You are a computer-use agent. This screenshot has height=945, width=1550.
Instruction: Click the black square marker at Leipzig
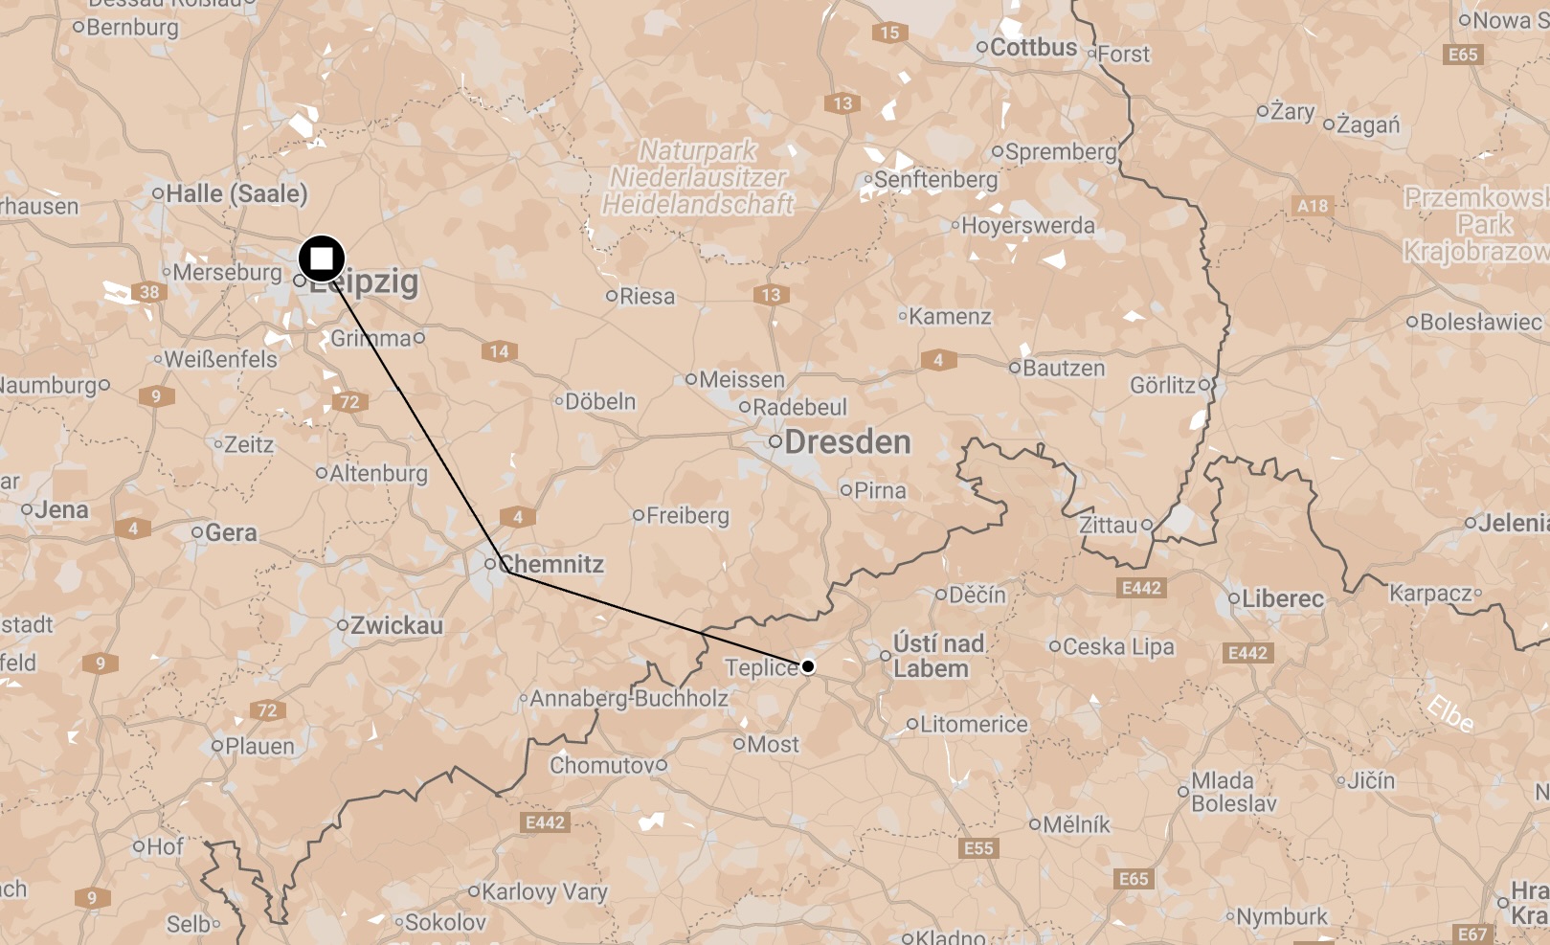point(322,259)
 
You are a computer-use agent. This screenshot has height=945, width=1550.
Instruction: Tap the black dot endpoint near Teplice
point(808,666)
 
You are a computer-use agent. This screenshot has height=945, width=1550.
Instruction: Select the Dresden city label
point(846,442)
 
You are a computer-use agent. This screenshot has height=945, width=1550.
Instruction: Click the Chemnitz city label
point(551,564)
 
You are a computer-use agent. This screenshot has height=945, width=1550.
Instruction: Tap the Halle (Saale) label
point(236,193)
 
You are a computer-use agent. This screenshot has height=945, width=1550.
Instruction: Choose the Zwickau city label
point(396,626)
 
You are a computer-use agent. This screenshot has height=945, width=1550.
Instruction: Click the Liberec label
point(1282,599)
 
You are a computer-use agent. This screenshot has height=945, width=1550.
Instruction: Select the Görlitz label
point(1162,385)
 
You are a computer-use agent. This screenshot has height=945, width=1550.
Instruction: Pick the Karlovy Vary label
point(544,891)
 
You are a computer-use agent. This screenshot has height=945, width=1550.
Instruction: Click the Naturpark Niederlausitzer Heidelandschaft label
point(698,177)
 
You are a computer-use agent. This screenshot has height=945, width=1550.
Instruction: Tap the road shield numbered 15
point(889,33)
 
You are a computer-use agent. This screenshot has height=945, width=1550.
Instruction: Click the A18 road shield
point(1313,206)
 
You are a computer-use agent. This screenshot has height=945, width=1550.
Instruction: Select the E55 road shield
point(978,848)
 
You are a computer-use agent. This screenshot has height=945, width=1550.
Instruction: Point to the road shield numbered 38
point(149,292)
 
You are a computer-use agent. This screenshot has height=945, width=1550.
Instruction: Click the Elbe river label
point(1450,714)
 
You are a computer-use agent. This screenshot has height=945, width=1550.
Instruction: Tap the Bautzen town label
point(1063,368)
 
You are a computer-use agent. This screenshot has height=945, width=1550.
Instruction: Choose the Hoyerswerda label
point(1027,226)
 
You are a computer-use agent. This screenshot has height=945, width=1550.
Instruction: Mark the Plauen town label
point(258,746)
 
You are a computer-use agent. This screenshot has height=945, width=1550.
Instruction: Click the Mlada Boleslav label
point(1233,792)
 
